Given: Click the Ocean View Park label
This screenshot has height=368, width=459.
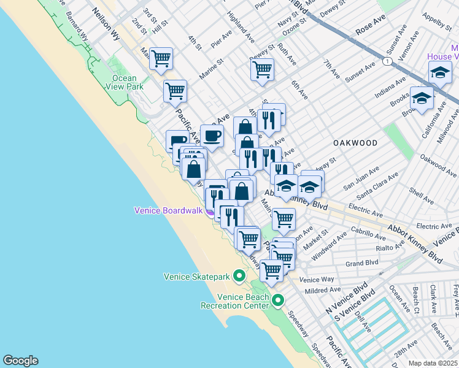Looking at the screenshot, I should tap(128, 82).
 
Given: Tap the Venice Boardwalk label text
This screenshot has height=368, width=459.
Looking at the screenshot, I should tap(168, 210).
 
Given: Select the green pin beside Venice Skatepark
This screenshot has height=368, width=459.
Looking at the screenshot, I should tap(239, 277).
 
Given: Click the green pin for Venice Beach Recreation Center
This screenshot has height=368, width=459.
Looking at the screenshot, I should tap(278, 301).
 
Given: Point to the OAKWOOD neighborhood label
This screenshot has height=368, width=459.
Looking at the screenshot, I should tap(355, 142).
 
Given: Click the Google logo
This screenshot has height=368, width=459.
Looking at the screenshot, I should tap(20, 361).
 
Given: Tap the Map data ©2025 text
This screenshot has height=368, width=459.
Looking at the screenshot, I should tap(433, 363).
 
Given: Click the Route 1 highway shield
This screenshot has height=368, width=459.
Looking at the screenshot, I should tap(387, 61).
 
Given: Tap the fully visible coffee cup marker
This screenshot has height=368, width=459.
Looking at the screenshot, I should tap(212, 136).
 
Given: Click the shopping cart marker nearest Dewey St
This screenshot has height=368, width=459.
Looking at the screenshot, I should tap(262, 70).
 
